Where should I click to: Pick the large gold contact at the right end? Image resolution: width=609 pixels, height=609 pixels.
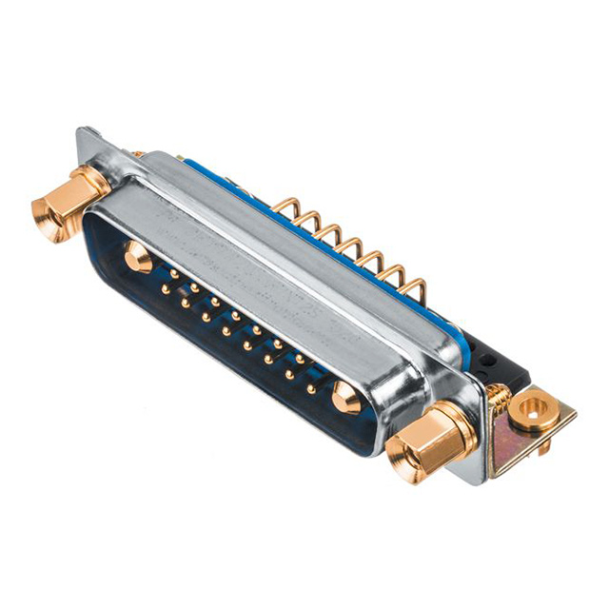coord(346,399)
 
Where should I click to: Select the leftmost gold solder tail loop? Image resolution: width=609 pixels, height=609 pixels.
coord(286,206)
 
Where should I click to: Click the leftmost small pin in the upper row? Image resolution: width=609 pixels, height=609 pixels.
coord(174,274)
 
